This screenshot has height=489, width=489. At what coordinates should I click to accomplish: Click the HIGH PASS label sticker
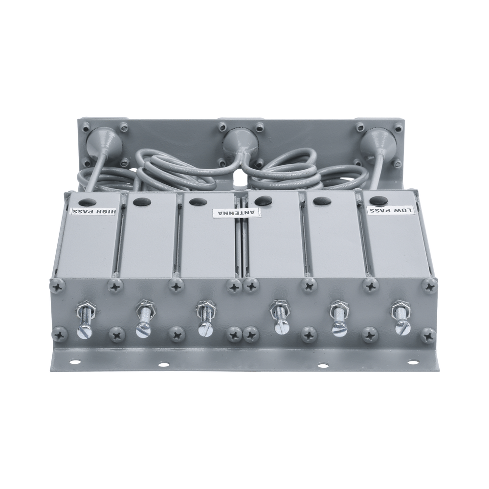tap(94, 211)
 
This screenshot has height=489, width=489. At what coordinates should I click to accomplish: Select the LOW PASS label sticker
tap(391, 210)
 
